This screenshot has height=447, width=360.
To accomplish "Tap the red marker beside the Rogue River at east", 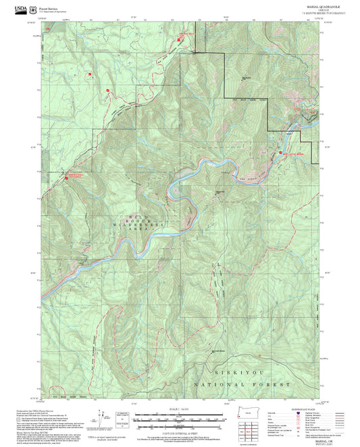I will tap(281, 153).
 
